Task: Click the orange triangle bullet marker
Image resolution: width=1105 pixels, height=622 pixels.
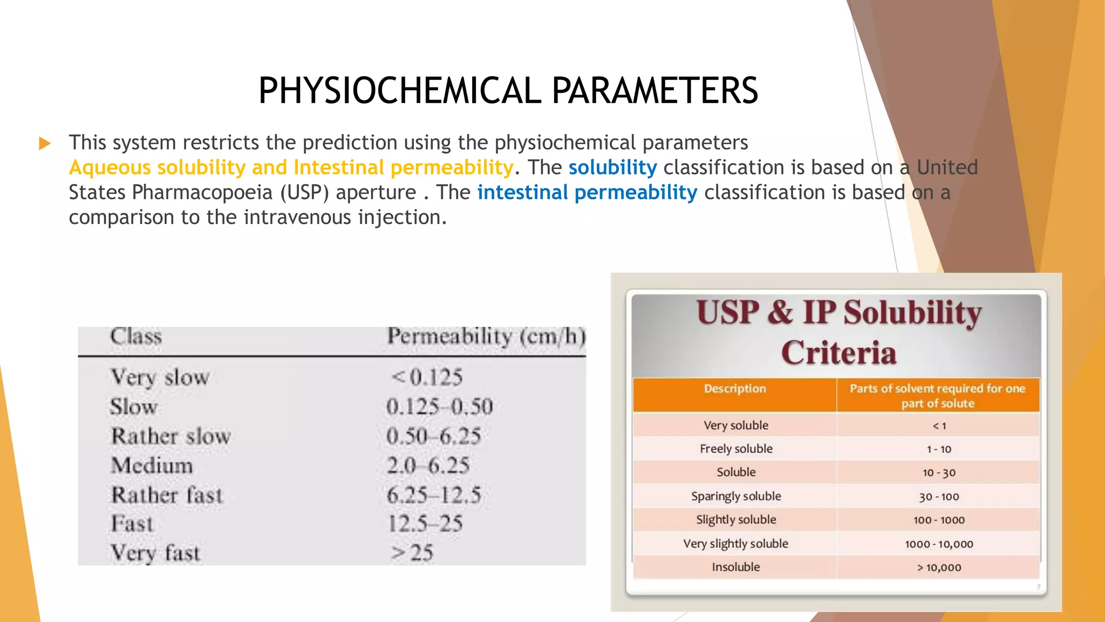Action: coord(45,144)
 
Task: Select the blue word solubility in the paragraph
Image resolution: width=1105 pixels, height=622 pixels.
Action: coord(612,167)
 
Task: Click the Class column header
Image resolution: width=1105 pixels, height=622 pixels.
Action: coord(136,336)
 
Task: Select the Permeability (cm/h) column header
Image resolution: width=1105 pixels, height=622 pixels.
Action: coord(486,336)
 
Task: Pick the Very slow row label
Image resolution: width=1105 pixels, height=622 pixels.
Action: coord(160,377)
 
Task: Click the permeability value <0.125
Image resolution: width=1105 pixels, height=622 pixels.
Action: coord(427,377)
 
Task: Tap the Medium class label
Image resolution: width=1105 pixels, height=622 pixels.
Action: coord(152,465)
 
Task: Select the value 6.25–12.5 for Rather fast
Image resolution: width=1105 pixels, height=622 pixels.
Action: coord(434,495)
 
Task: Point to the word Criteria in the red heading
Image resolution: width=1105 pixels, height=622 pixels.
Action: coord(838,353)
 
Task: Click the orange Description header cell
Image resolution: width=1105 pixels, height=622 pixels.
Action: coord(734,389)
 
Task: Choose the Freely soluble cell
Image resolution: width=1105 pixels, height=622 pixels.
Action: coord(736,449)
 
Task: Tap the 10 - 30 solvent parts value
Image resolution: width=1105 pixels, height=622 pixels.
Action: coord(939,473)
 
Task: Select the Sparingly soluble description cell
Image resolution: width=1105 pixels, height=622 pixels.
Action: coord(736,496)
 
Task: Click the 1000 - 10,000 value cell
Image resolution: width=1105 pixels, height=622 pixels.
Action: coord(939,544)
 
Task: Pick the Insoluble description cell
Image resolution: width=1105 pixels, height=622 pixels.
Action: coord(735,567)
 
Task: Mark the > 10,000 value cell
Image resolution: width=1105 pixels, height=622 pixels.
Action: coord(939,567)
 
